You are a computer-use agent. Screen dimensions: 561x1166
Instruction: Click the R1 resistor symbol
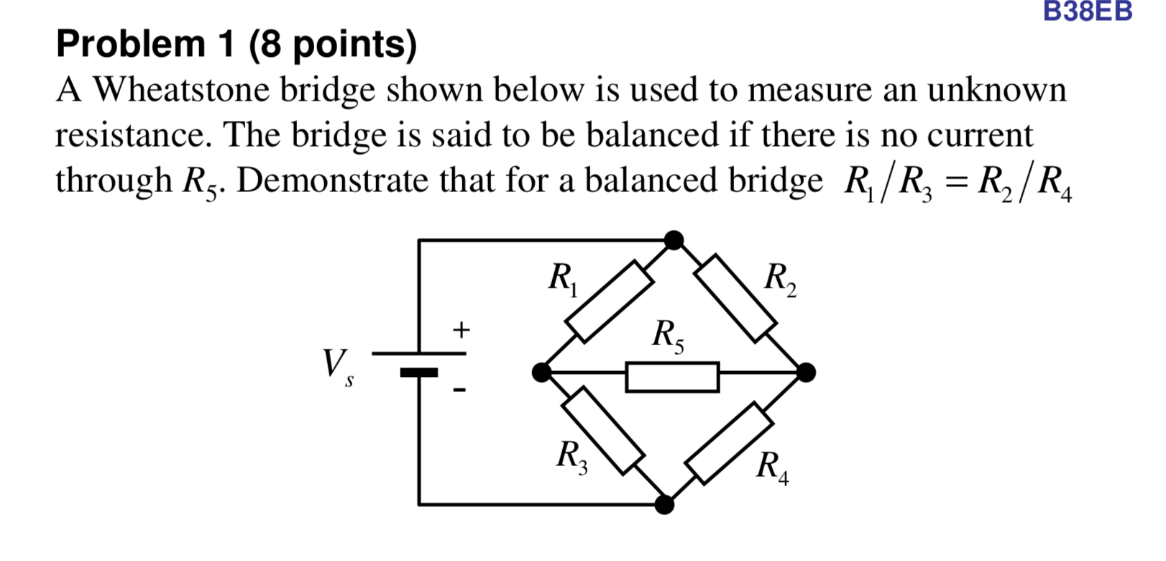609,301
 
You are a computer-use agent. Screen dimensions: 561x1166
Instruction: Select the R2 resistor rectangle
736,296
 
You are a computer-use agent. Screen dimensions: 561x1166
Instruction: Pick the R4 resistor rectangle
729,442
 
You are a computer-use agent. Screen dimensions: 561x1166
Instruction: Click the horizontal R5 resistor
672,377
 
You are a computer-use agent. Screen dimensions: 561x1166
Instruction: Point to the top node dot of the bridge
674,240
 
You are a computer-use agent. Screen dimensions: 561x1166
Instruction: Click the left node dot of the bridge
541,373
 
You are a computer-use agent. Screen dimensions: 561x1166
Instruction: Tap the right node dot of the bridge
806,373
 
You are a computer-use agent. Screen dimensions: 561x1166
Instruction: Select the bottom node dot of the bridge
664,505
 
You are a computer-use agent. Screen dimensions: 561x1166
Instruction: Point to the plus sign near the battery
461,330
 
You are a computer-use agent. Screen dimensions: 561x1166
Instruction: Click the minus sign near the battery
459,391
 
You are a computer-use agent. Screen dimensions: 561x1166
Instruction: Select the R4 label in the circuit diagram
772,468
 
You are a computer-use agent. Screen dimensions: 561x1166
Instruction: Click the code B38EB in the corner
1087,12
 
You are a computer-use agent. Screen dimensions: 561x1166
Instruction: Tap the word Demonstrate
331,181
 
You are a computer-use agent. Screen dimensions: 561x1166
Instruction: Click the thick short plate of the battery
418,373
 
